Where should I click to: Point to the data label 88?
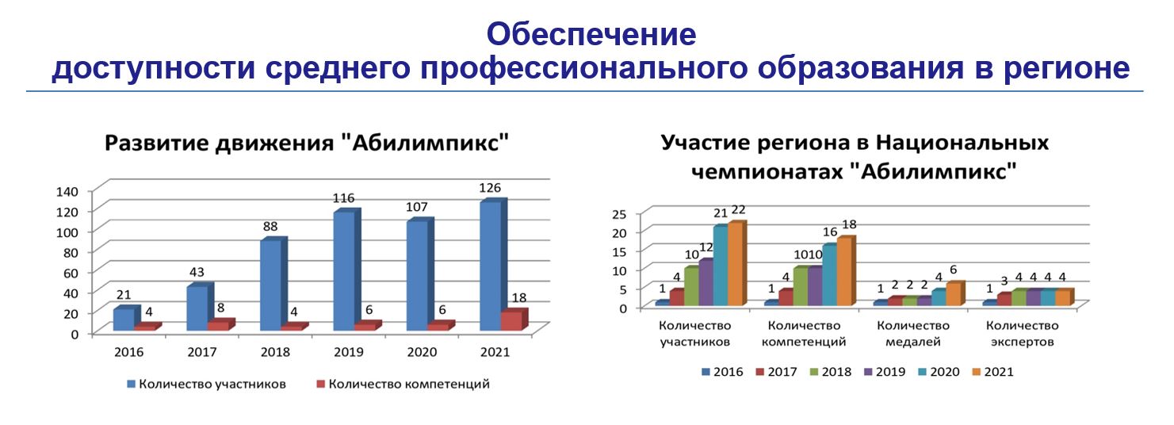tap(270, 227)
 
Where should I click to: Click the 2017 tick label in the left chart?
tap(202, 352)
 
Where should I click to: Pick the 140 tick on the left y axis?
tap(67, 191)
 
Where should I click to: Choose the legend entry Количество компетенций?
tap(403, 384)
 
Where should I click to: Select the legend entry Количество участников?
tap(206, 384)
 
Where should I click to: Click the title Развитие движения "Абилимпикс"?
tap(307, 143)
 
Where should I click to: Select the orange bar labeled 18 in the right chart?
tap(846, 271)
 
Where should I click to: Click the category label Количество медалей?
tap(913, 334)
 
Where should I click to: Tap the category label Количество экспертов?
tap(1023, 334)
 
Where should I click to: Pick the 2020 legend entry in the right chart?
tap(939, 372)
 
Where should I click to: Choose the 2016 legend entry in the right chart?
tap(722, 372)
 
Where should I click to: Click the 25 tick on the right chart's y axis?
tap(619, 214)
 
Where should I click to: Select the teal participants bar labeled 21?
tap(721, 266)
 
